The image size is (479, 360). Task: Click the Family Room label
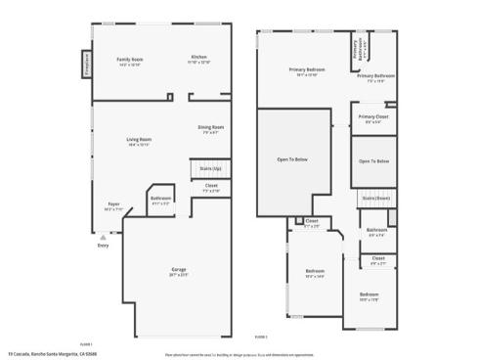click(x=130, y=61)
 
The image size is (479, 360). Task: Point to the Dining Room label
click(x=211, y=127)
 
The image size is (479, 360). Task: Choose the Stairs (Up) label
click(x=210, y=168)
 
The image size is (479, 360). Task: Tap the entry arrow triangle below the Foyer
click(x=101, y=236)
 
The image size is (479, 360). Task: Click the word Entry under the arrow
click(x=103, y=246)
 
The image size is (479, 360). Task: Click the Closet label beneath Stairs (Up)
click(x=211, y=186)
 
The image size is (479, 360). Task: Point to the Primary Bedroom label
click(x=305, y=70)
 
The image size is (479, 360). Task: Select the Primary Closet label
click(x=373, y=117)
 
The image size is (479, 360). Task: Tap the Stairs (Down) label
click(x=375, y=198)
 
